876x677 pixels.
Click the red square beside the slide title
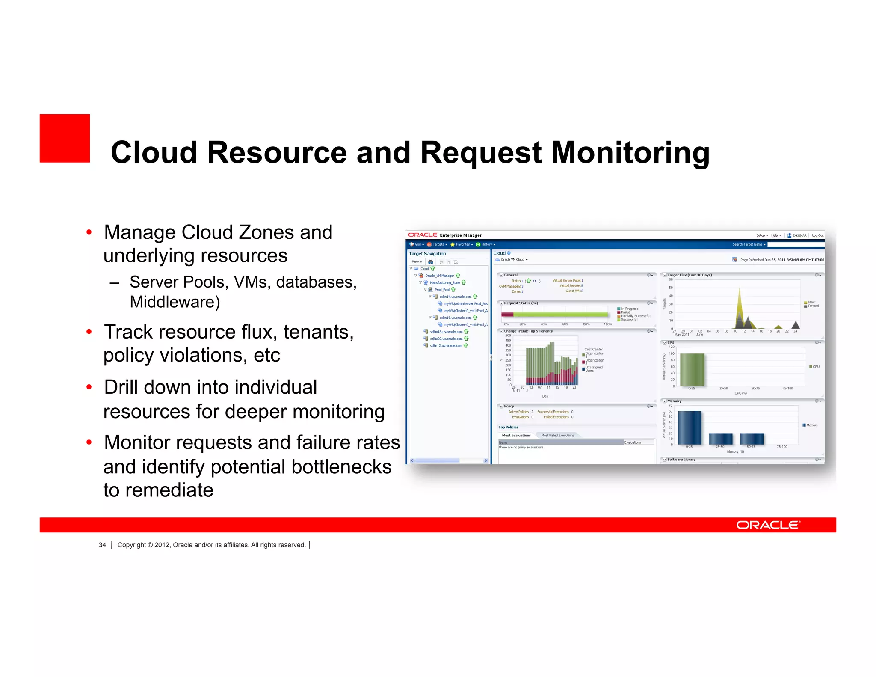click(65, 138)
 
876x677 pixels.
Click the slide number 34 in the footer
click(102, 545)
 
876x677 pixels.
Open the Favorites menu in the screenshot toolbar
click(462, 245)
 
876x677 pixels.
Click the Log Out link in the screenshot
click(817, 235)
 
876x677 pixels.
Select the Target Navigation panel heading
click(427, 254)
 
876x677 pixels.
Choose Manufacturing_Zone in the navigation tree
click(444, 282)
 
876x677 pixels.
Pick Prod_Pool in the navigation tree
click(442, 290)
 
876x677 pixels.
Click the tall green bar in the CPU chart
click(692, 370)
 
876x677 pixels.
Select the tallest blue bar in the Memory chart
click(690, 428)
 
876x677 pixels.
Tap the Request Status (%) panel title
click(521, 303)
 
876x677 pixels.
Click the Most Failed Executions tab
click(557, 436)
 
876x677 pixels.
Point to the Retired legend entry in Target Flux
click(813, 306)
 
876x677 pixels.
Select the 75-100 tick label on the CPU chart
click(787, 388)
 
